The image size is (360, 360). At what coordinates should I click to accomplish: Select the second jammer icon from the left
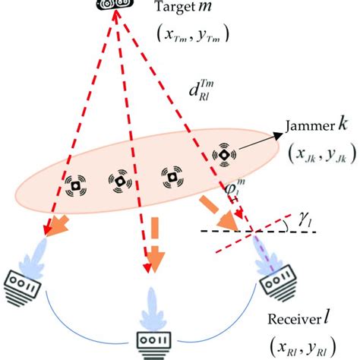pyautogui.click(x=119, y=183)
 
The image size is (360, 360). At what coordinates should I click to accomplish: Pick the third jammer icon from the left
pyautogui.click(x=170, y=178)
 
